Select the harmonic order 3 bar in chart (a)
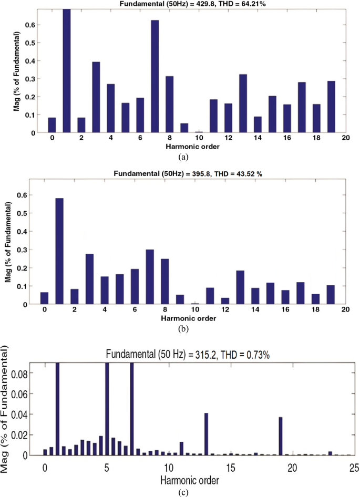(96, 97)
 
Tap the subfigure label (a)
(182, 156)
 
